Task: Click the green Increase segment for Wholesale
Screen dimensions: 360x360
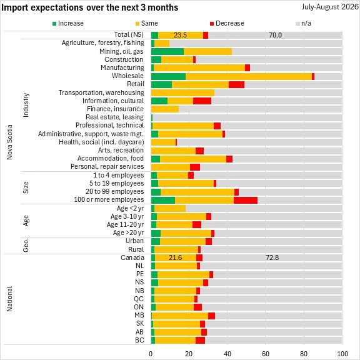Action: [168, 76]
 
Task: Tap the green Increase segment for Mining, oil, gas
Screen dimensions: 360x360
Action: [167, 52]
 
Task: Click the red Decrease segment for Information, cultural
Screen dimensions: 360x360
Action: [202, 101]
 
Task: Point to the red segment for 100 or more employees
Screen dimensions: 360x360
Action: [246, 200]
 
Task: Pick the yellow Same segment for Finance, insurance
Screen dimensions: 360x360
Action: [165, 109]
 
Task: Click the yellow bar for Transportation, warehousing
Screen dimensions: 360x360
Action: [182, 92]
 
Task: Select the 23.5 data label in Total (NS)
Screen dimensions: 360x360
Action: [180, 35]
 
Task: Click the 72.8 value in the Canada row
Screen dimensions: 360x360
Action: [272, 257]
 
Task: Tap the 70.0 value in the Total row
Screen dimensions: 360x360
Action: [275, 35]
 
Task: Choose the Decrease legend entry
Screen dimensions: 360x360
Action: [227, 23]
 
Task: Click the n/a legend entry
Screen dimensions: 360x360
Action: [303, 23]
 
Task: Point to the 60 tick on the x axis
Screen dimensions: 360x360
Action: [266, 354]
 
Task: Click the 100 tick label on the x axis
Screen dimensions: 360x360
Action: [342, 354]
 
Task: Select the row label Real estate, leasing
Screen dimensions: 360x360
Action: [114, 117]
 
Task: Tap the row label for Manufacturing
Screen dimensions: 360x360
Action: [122, 67]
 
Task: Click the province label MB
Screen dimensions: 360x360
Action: [139, 315]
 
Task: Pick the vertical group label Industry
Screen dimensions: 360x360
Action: [26, 105]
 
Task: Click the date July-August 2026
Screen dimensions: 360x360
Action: [330, 7]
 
